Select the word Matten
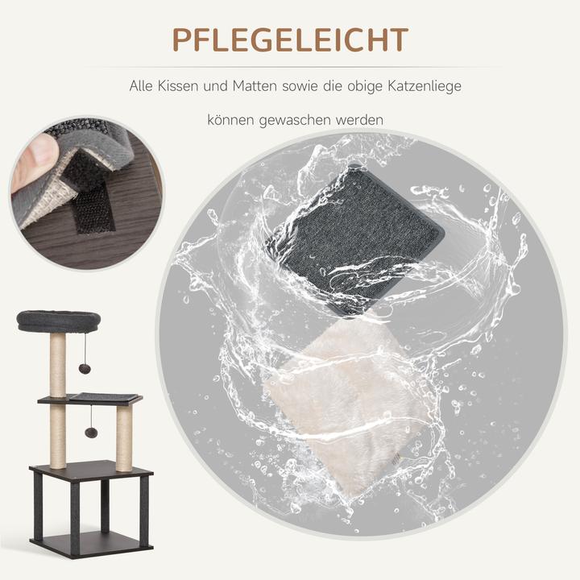coord(255,85)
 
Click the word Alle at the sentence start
coord(143,85)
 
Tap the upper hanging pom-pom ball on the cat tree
coord(85,368)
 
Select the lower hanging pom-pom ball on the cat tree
coord(91,433)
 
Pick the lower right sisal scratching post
coord(124,438)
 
